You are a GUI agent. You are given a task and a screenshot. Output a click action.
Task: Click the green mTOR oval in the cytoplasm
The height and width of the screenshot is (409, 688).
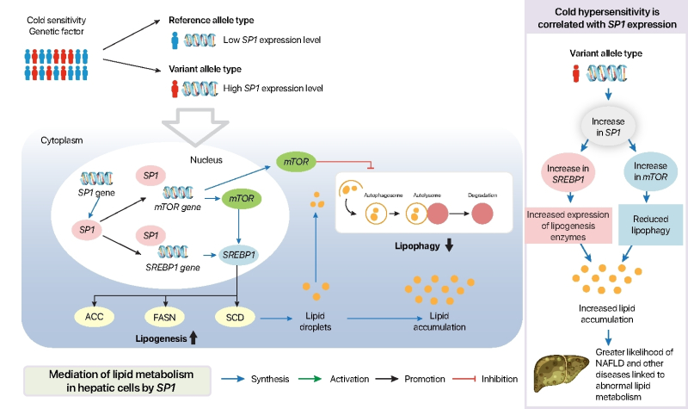pos(298,161)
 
